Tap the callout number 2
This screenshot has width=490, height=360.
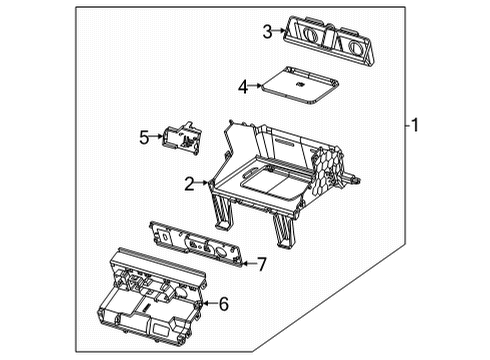[x=189, y=182]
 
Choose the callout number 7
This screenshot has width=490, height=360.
[x=262, y=265]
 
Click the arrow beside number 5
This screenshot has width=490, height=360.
[x=157, y=137]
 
